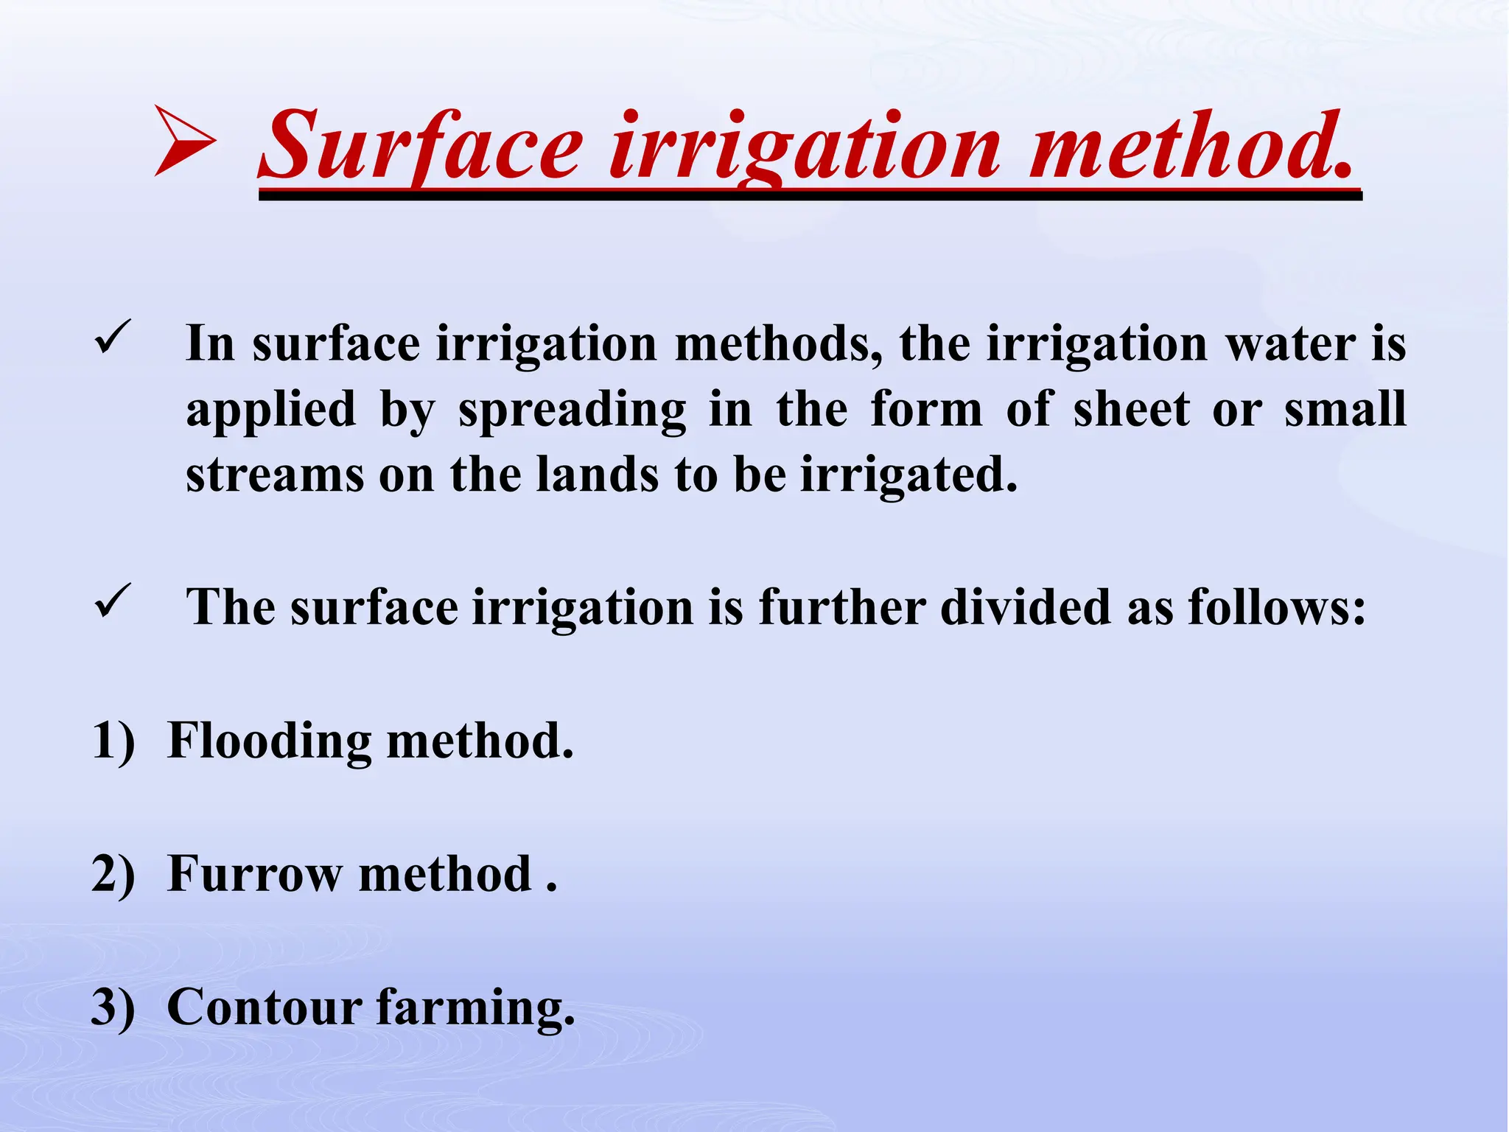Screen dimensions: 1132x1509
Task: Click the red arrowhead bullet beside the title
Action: (x=184, y=141)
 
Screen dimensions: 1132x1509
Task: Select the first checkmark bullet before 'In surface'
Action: (x=113, y=338)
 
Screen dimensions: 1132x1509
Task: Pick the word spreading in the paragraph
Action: (x=572, y=410)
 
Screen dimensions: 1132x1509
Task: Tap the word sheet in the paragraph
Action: (x=1131, y=410)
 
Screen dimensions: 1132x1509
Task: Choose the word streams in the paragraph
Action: (x=275, y=475)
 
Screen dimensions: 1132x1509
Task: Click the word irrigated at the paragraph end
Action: (x=908, y=475)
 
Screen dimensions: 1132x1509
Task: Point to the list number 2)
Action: (x=113, y=874)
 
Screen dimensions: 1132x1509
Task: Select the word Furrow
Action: (x=255, y=874)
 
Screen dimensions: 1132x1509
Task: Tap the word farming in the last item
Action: (x=475, y=1008)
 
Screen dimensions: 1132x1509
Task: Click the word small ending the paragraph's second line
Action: (x=1345, y=410)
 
